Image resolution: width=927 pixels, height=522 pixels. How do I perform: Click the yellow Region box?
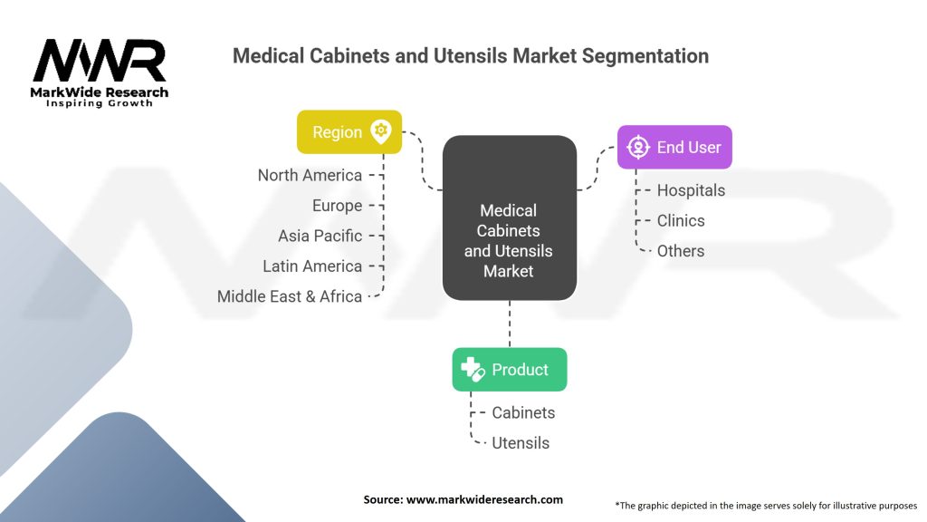tap(349, 132)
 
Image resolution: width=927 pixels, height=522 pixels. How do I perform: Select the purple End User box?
tap(674, 147)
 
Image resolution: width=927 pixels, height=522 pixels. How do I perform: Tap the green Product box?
tap(510, 370)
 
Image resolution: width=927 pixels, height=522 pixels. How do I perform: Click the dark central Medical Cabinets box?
tap(510, 217)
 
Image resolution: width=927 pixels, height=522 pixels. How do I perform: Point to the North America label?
tap(310, 175)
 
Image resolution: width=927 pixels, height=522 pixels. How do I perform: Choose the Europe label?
tap(337, 206)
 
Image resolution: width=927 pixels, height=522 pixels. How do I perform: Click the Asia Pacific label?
tap(320, 236)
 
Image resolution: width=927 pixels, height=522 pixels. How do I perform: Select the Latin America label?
tap(312, 266)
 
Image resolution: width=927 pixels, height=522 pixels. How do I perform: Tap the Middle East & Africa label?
tap(290, 296)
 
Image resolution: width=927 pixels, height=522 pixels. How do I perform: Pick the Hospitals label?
tap(691, 190)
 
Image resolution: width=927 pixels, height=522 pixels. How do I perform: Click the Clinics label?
tap(681, 221)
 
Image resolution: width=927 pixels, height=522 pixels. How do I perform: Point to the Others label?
tap(681, 251)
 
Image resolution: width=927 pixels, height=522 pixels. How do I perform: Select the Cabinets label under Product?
tap(524, 412)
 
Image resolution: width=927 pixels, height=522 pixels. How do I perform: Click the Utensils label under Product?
tap(521, 442)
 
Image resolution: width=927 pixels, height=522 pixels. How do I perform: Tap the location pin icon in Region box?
tap(381, 130)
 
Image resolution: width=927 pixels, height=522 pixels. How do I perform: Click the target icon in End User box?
tap(638, 147)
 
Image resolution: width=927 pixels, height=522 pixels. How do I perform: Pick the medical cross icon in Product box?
tap(473, 370)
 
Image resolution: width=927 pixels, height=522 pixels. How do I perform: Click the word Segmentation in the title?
tap(645, 55)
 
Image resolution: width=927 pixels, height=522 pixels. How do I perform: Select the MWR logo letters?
tap(100, 61)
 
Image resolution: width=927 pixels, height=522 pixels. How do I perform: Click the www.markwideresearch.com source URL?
tap(485, 499)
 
